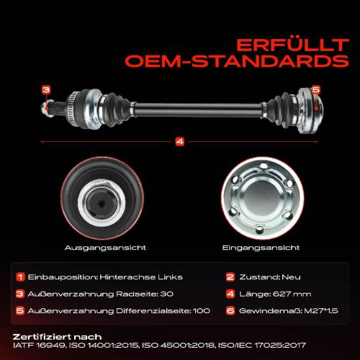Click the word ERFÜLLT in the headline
pyautogui.click(x=292, y=45)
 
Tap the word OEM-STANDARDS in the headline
pyautogui.click(x=237, y=61)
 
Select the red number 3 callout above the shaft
pyautogui.click(x=46, y=90)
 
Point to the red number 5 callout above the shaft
pyautogui.click(x=316, y=90)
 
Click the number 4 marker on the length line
pyautogui.click(x=180, y=142)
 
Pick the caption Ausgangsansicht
pyautogui.click(x=105, y=248)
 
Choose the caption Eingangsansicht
pyautogui.click(x=261, y=248)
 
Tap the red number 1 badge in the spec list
pyautogui.click(x=20, y=277)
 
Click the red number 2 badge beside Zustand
pyautogui.click(x=230, y=277)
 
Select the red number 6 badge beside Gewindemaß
pyautogui.click(x=230, y=311)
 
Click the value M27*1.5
pyautogui.click(x=321, y=311)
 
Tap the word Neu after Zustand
pyautogui.click(x=291, y=277)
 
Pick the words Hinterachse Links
pyautogui.click(x=141, y=277)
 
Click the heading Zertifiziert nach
pyautogui.click(x=57, y=337)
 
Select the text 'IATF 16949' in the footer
pyautogui.click(x=39, y=346)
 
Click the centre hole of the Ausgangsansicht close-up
pyautogui.click(x=102, y=204)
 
